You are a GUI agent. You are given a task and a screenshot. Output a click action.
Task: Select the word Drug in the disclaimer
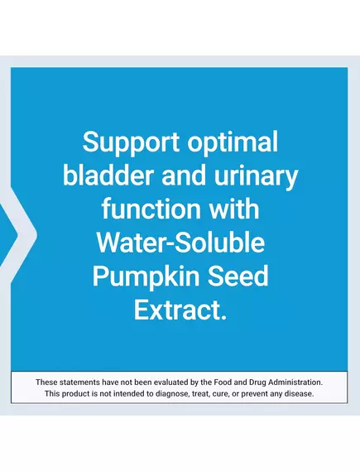(x=263, y=382)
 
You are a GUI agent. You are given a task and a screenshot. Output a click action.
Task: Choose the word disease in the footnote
(x=300, y=393)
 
